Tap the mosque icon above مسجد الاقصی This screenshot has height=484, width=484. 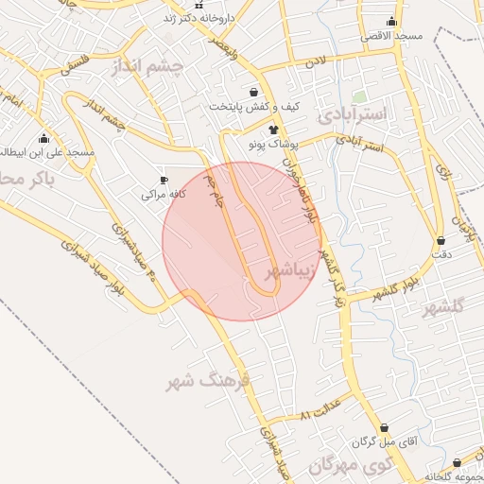tap(391, 22)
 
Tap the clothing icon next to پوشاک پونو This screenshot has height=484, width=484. tap(273, 129)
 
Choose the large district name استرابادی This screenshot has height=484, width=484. tap(353, 113)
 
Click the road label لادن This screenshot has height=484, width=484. tap(313, 61)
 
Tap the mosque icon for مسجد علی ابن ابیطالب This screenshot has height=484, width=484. tap(44, 139)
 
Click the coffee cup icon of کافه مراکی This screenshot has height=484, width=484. tap(164, 180)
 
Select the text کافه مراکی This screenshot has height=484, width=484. tap(161, 195)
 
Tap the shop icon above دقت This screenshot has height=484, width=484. tap(441, 240)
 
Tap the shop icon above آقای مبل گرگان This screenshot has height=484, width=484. tap(383, 427)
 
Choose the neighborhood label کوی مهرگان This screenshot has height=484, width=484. tap(350, 466)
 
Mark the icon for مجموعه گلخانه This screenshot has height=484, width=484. tap(458, 463)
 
